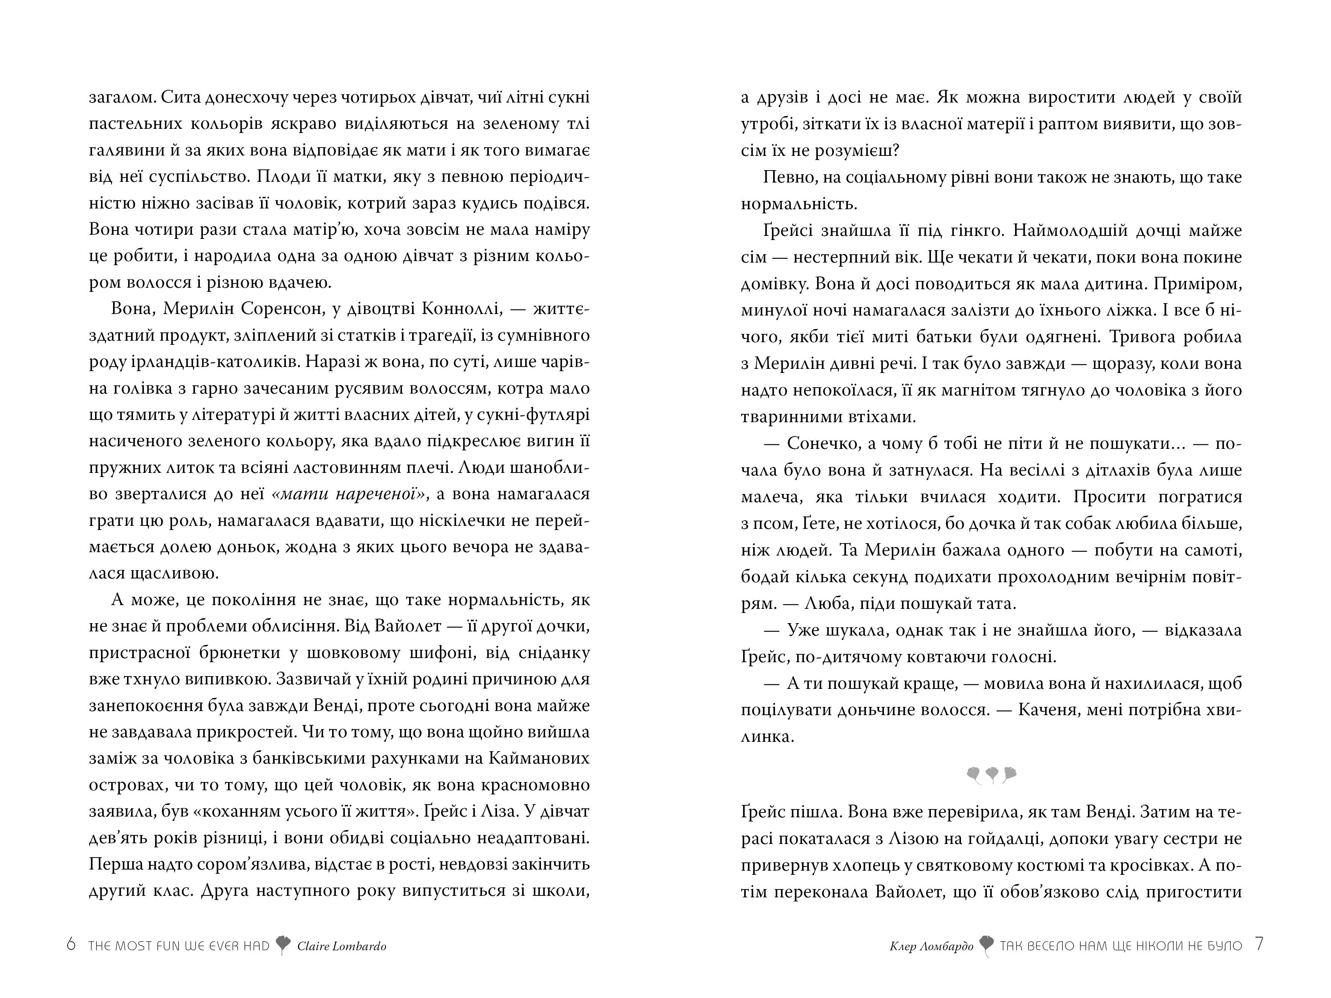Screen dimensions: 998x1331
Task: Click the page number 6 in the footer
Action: click(71, 945)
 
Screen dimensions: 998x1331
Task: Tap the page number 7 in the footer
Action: click(1259, 945)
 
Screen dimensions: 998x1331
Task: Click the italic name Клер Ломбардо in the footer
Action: click(931, 946)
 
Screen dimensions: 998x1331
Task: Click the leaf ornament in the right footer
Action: click(986, 946)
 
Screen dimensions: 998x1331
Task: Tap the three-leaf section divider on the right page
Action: click(992, 774)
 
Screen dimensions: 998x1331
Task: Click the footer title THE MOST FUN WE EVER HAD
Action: click(179, 946)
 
